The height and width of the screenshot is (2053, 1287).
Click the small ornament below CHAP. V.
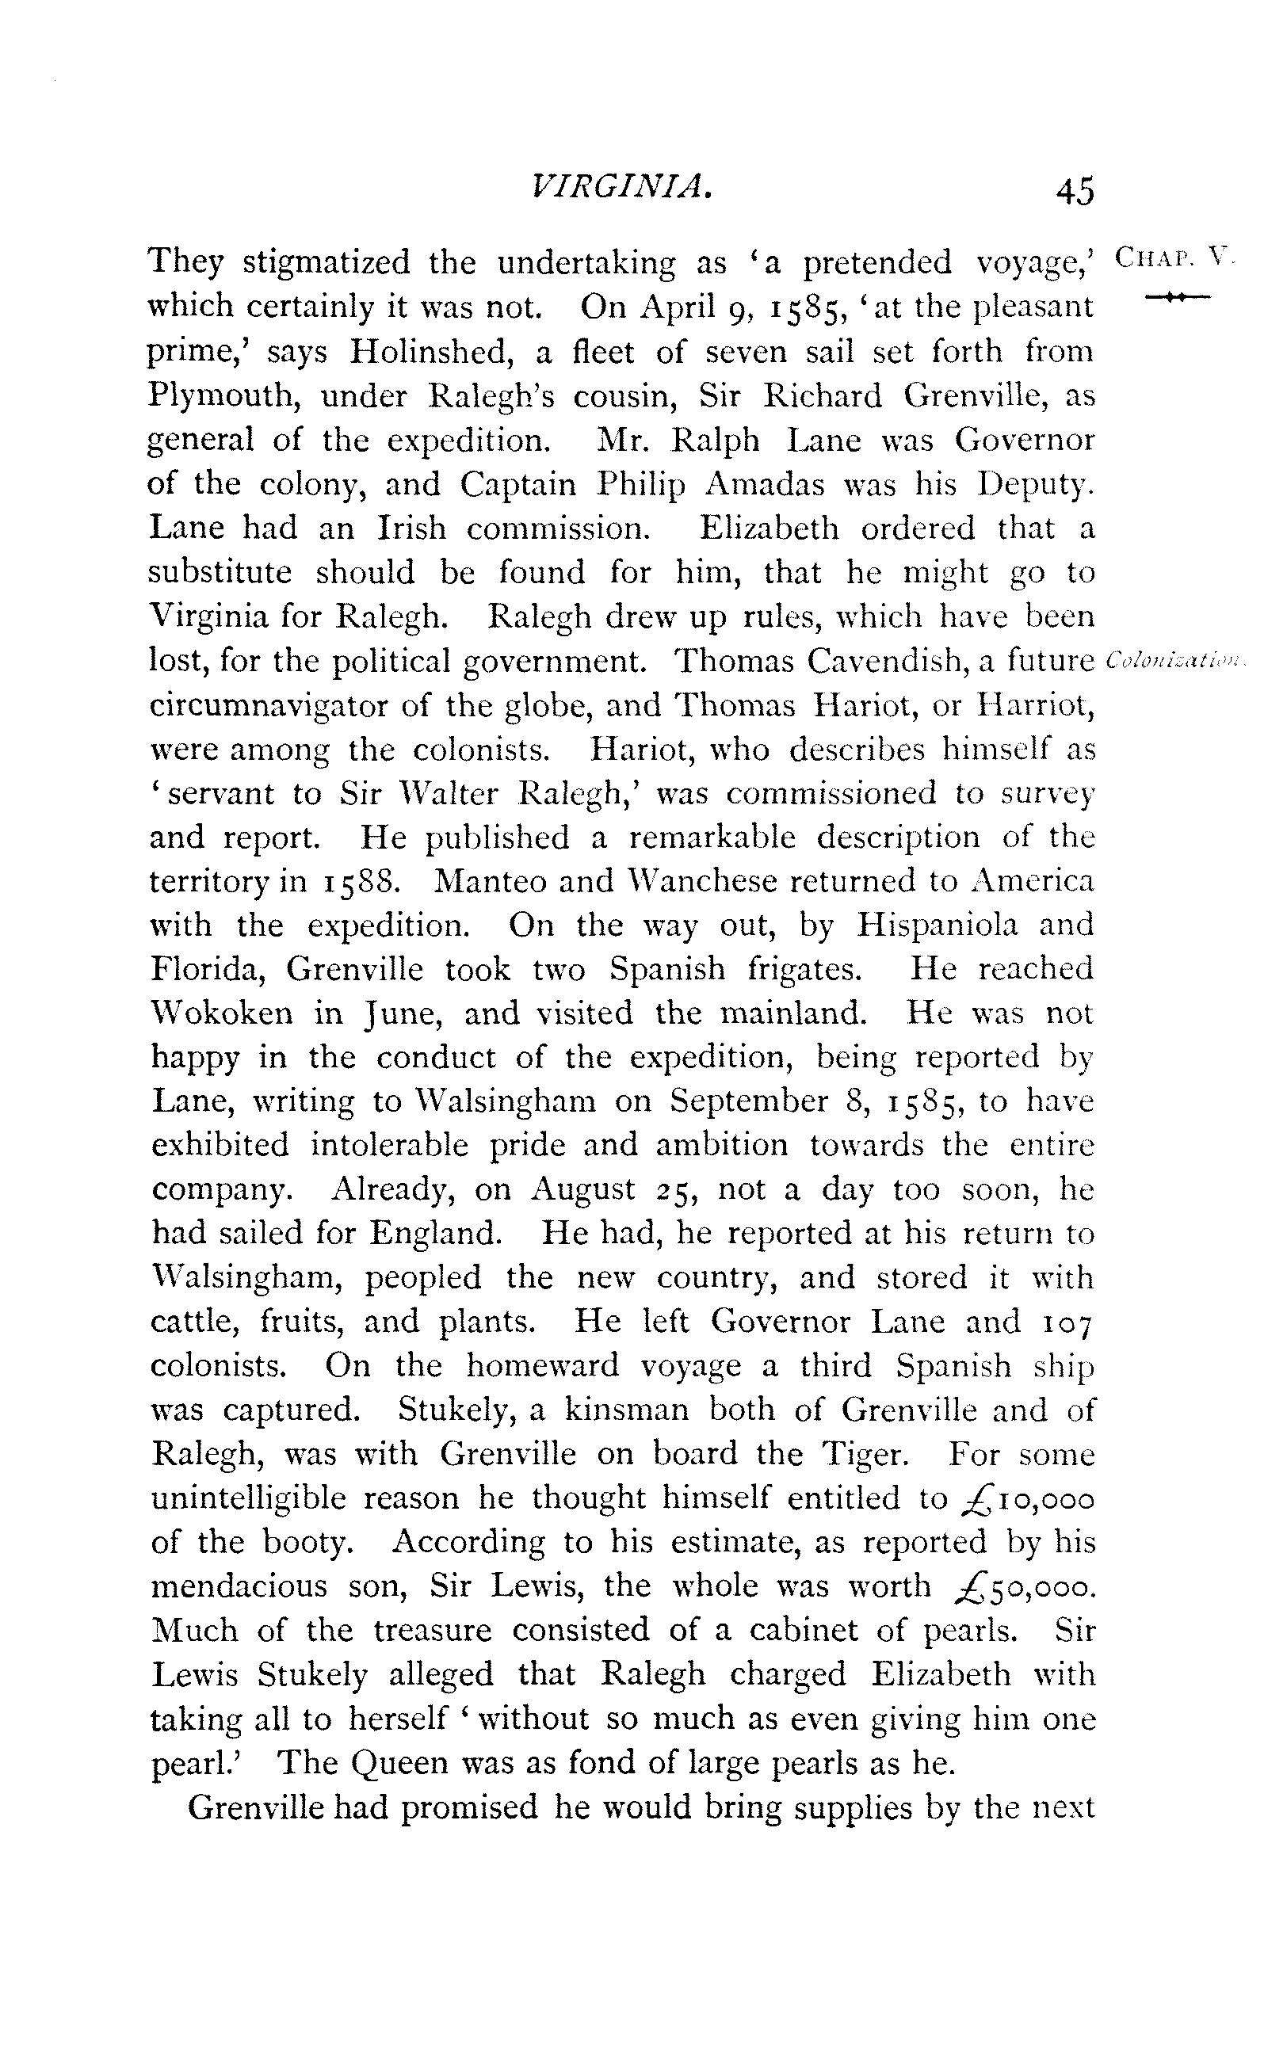pyautogui.click(x=1177, y=296)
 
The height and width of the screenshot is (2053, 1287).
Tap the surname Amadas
pyautogui.click(x=766, y=484)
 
